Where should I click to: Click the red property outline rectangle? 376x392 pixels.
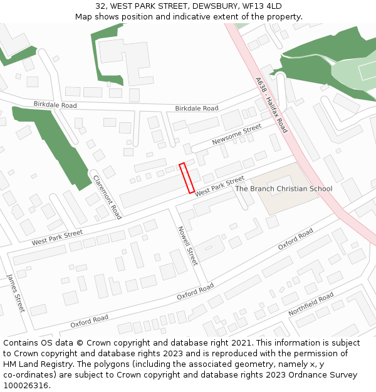point(187,178)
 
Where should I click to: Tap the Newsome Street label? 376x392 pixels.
point(236,135)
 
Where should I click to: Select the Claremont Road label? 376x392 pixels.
point(107,196)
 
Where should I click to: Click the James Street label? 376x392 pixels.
point(16,294)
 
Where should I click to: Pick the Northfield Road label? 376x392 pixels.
point(311,304)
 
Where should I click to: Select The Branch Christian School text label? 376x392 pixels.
point(283,189)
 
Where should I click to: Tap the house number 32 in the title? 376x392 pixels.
point(100,6)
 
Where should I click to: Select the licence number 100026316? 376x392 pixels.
point(24,386)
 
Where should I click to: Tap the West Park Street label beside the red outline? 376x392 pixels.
point(219,186)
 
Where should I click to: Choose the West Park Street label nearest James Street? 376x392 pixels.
point(57,237)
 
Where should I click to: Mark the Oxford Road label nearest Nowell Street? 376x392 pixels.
point(195,291)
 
